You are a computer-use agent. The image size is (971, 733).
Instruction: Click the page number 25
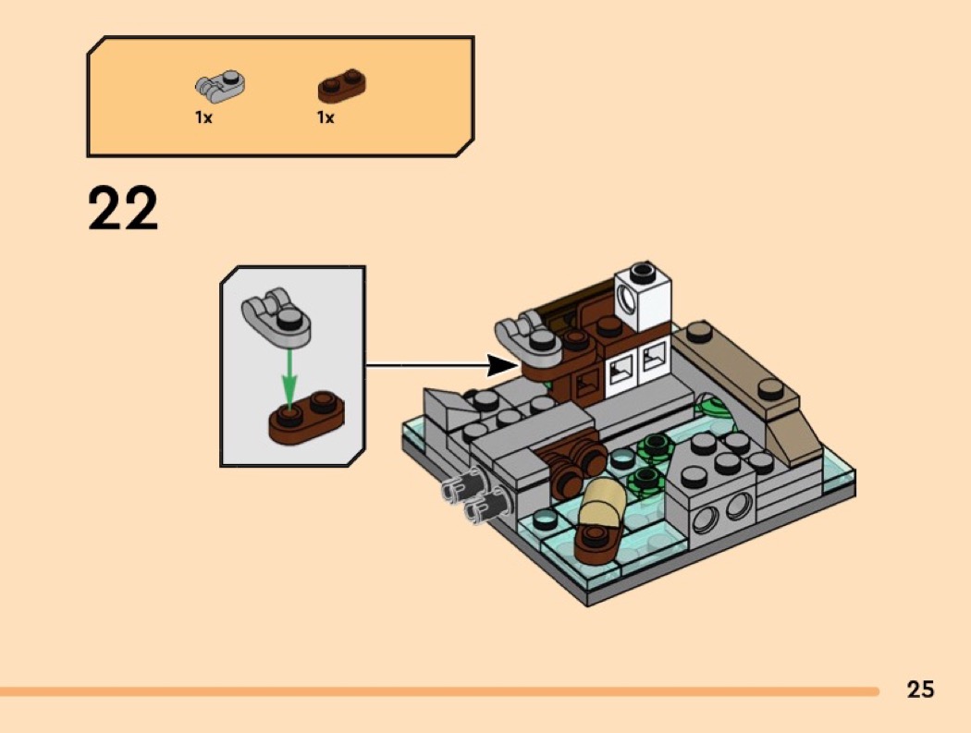pyautogui.click(x=920, y=689)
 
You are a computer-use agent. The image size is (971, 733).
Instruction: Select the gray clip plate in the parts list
pyautogui.click(x=220, y=86)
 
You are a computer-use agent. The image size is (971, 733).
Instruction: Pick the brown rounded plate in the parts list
pyautogui.click(x=341, y=86)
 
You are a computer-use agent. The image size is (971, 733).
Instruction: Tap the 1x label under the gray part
pyautogui.click(x=203, y=117)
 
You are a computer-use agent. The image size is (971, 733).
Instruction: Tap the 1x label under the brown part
pyautogui.click(x=326, y=117)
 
